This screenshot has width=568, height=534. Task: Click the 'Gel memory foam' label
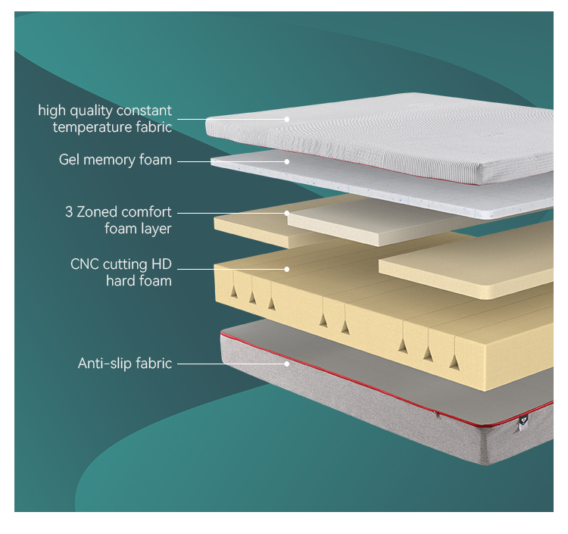coord(115,161)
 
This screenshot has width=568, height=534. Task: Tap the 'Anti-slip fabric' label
coord(125,364)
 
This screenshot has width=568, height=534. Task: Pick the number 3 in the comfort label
coord(69,212)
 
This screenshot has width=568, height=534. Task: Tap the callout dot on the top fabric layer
coord(287,119)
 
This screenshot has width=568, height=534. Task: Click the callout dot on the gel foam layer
coord(287,161)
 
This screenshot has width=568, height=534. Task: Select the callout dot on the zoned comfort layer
coord(287,213)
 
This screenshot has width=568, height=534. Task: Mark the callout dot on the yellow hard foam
coord(287,268)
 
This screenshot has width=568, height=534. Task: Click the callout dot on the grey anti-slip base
coord(287,364)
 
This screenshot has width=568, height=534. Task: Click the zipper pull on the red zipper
coord(437,414)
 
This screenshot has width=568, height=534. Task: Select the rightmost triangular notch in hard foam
coord(454,361)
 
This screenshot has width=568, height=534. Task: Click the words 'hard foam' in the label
coord(139,281)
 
